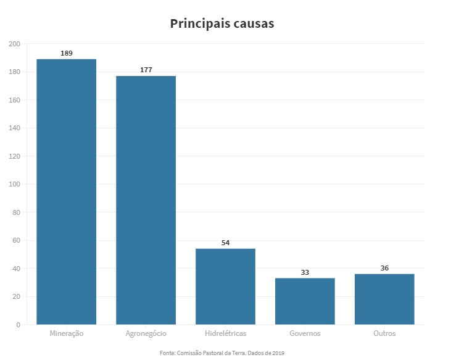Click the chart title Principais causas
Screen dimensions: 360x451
[222, 23]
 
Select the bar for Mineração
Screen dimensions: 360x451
[66, 191]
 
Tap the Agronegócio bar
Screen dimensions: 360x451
[146, 200]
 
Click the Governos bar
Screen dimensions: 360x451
[305, 301]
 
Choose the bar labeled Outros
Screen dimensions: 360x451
[384, 299]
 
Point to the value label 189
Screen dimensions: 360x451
[66, 53]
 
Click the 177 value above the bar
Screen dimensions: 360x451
[146, 70]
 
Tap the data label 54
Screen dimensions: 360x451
[225, 243]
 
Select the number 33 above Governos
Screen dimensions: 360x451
[305, 272]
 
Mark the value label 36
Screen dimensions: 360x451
[384, 268]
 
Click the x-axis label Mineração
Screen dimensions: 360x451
[66, 333]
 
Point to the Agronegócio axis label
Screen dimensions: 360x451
[146, 333]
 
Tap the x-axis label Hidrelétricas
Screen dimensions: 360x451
[225, 333]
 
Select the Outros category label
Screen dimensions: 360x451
[384, 333]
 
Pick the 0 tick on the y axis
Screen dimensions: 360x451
[18, 325]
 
